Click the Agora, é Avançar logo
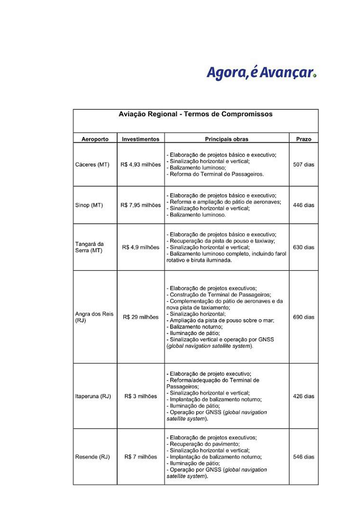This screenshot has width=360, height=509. tap(261, 72)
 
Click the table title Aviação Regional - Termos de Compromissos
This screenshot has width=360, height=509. tap(195, 114)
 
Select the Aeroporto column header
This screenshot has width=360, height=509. tap(95, 139)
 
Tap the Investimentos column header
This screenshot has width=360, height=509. tap(140, 139)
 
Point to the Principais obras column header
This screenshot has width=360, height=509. tap(226, 139)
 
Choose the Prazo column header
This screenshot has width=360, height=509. tap(303, 139)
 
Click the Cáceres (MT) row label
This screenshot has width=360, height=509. tap(92, 165)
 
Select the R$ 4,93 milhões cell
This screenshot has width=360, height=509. tap(140, 165)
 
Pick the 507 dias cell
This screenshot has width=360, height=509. tap(303, 165)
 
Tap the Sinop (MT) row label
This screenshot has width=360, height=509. tap(89, 205)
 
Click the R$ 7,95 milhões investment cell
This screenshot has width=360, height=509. tap(140, 205)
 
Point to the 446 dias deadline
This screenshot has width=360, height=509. tap(303, 205)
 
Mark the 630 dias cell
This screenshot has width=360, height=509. tap(303, 247)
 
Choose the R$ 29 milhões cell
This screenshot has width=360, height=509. tap(140, 317)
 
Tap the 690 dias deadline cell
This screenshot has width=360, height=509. tap(303, 317)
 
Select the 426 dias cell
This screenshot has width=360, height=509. tap(303, 396)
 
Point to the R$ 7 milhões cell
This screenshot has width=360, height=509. tap(140, 457)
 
